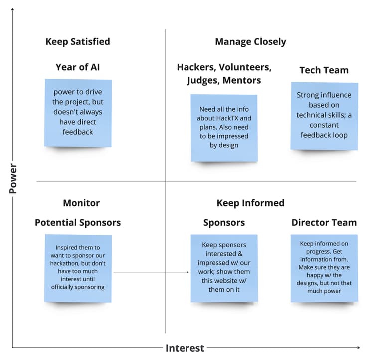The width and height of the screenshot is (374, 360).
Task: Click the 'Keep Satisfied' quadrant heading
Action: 77,42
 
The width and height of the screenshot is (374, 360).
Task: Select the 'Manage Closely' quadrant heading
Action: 250,42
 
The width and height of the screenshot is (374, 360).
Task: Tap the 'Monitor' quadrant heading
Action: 81,203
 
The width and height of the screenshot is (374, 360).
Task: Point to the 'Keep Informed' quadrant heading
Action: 250,203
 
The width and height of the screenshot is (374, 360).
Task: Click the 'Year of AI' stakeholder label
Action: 77,67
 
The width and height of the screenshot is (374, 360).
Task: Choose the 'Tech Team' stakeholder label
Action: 324,70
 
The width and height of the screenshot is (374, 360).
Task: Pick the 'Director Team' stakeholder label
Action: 324,223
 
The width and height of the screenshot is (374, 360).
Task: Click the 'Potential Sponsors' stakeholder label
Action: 78,223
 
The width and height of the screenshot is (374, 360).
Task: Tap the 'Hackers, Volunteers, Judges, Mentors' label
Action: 224,74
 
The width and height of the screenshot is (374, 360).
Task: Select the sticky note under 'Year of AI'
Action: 78,113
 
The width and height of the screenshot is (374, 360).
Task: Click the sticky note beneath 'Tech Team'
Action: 324,116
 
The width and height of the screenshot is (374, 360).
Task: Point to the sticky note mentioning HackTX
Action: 224,128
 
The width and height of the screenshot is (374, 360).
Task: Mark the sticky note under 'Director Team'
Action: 324,268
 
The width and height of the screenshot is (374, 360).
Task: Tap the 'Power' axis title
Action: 13,179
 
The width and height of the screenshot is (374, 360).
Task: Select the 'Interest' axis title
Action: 185,348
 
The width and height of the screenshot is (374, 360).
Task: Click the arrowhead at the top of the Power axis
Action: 13,9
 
